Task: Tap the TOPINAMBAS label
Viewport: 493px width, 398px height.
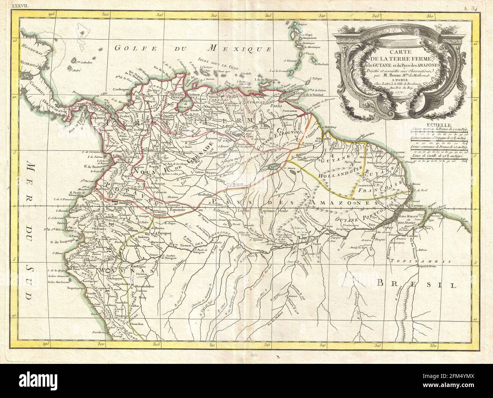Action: [x=430, y=262]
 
